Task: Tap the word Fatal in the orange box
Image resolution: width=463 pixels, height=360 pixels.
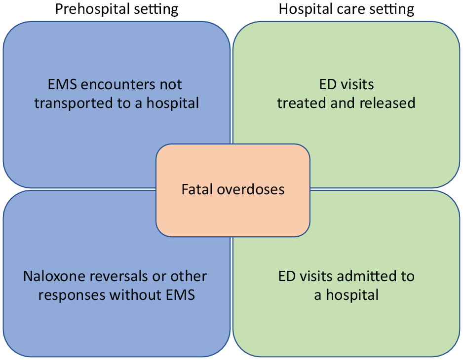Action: coord(197,189)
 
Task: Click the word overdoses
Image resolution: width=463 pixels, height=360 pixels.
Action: coord(251,189)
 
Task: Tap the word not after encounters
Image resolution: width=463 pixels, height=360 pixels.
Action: coord(171,85)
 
